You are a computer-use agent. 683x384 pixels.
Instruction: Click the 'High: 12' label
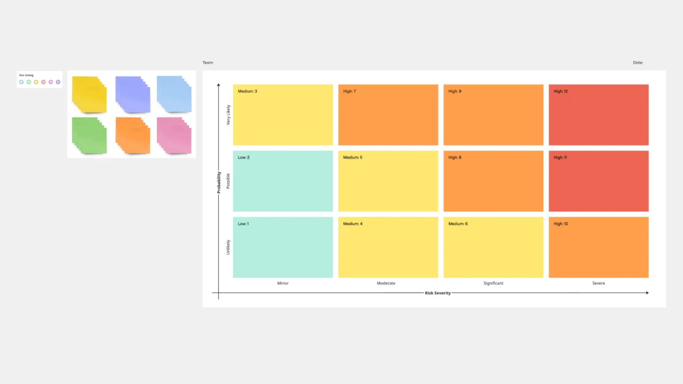coord(560,91)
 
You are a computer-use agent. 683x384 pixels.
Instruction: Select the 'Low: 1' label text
coord(243,224)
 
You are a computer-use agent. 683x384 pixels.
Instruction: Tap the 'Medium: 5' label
coord(353,157)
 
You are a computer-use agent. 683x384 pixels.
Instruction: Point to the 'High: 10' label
coord(561,224)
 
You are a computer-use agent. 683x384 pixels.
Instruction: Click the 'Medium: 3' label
coord(247,91)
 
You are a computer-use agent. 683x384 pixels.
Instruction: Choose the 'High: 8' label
coord(455,157)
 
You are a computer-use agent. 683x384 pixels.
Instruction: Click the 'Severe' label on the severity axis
coord(598,283)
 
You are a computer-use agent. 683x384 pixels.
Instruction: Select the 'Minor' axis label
coord(283,283)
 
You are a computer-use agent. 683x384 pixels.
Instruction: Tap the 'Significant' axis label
coord(493,283)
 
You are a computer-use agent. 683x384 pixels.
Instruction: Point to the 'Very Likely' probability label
coord(228,115)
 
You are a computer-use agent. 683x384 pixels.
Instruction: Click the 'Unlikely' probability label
coord(228,247)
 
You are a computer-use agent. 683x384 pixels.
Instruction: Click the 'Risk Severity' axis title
coord(438,293)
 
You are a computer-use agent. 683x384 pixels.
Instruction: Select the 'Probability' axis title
coord(219,182)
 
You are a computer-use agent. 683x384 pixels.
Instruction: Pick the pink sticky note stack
coord(174,135)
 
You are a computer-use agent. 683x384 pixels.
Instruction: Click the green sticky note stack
coord(89,135)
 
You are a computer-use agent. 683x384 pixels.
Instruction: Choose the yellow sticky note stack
coord(89,94)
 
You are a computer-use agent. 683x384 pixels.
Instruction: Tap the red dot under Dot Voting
coord(43,82)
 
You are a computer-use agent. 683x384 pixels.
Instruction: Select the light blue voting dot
coord(21,82)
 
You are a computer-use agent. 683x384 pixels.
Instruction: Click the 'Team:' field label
coord(208,63)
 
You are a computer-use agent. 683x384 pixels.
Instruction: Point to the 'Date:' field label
coord(638,63)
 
